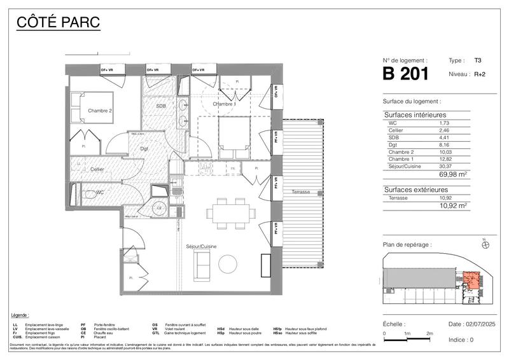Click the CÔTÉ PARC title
58,24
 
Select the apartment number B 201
406,74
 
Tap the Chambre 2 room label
100,111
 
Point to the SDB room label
161,106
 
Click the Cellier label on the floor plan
97,169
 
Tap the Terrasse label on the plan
301,191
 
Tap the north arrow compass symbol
485,245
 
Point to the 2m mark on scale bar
429,333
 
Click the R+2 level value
480,74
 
